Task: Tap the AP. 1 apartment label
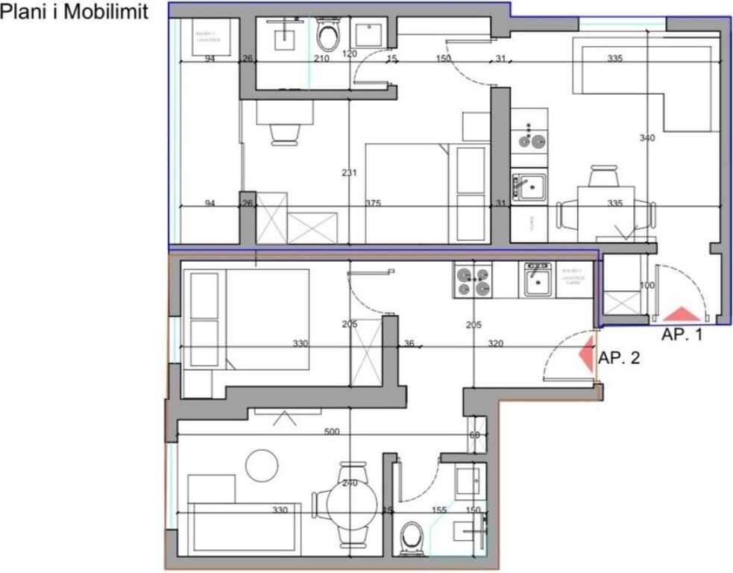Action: pyautogui.click(x=682, y=336)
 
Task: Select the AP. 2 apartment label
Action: pyautogui.click(x=620, y=358)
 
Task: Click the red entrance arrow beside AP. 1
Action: pyautogui.click(x=682, y=315)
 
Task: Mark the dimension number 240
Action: pyautogui.click(x=349, y=483)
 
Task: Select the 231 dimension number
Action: pyautogui.click(x=349, y=173)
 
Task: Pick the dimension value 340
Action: pyautogui.click(x=647, y=138)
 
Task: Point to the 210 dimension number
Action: pyautogui.click(x=322, y=58)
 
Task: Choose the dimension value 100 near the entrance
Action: pyautogui.click(x=647, y=286)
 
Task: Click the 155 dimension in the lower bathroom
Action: pyautogui.click(x=439, y=510)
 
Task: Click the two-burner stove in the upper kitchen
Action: pyautogui.click(x=529, y=139)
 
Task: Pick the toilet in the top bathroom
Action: pyautogui.click(x=327, y=34)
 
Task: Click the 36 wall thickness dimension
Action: pyautogui.click(x=408, y=344)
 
